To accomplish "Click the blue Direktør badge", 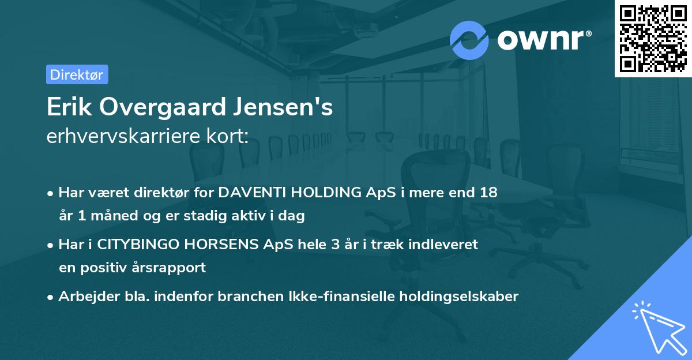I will coord(77,74).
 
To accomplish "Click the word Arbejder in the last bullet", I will coord(82,297).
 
